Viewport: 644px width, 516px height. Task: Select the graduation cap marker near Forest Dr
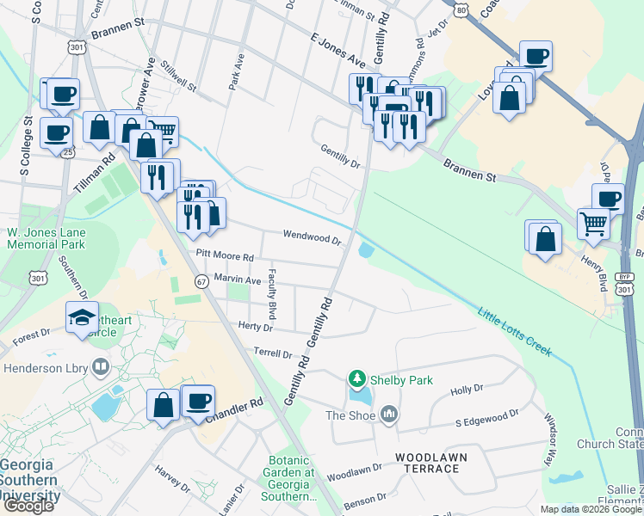click(x=83, y=317)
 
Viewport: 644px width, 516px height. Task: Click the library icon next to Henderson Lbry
click(x=101, y=368)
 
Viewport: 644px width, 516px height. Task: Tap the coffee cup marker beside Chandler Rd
click(x=198, y=400)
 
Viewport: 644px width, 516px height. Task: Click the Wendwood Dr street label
click(x=313, y=237)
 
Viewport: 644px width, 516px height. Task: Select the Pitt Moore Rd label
click(x=225, y=256)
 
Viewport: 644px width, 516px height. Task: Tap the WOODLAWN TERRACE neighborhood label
click(x=427, y=461)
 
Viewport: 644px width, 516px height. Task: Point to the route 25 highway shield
click(x=68, y=152)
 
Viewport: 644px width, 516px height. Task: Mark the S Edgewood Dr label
click(x=487, y=419)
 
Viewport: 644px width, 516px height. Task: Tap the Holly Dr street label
click(x=467, y=390)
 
